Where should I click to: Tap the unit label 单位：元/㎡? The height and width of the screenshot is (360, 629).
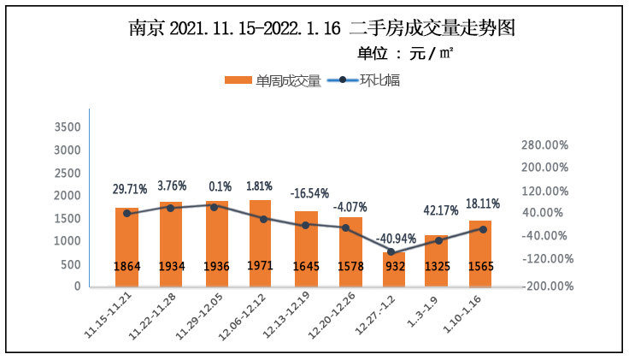click(405, 54)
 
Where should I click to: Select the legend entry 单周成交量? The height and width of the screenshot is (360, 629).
click(273, 81)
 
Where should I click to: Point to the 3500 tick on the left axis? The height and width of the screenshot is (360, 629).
click(68, 127)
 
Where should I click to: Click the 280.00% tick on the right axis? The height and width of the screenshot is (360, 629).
click(544, 145)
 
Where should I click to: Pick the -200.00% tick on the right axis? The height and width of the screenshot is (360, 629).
click(543, 286)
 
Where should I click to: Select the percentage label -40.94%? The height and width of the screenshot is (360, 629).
click(395, 238)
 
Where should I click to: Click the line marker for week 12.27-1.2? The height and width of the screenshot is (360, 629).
click(391, 252)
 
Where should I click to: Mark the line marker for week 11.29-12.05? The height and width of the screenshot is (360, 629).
click(214, 206)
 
